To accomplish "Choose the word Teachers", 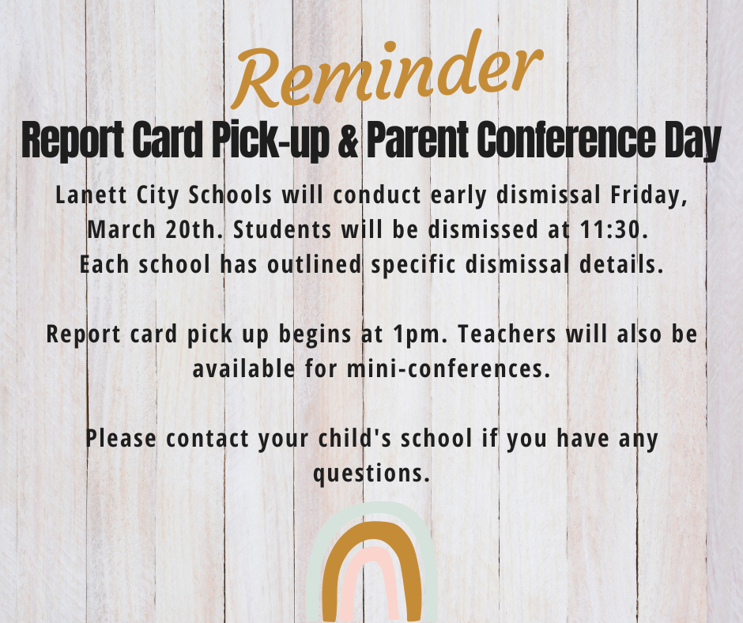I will [x=497, y=333].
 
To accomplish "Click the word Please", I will [x=121, y=436].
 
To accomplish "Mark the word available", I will [x=242, y=368].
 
